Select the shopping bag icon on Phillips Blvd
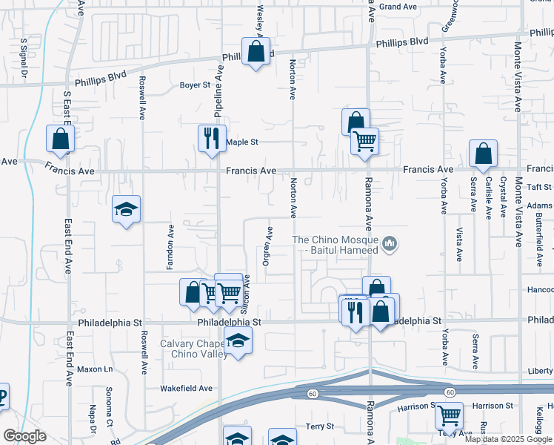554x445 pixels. click(256, 51)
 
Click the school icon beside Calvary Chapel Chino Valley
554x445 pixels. click(238, 341)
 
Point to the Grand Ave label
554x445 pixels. click(398, 7)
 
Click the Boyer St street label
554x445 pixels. click(196, 85)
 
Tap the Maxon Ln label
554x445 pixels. click(95, 369)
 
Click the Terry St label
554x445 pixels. click(320, 426)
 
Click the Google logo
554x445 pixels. click(24, 436)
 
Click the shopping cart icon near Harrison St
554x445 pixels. click(449, 415)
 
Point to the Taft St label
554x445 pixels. click(541, 188)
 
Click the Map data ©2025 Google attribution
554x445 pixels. click(509, 439)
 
